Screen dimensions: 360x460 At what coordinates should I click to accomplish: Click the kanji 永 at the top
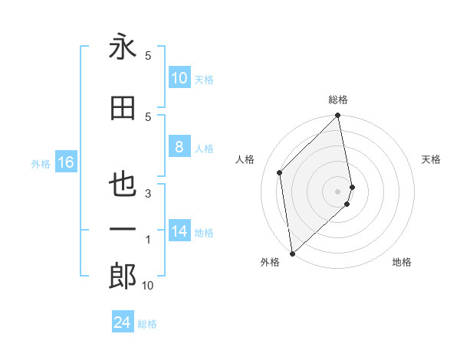pos(123,48)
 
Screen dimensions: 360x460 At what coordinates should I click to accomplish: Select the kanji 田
pos(123,109)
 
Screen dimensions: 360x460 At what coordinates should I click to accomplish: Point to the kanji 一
pos(123,229)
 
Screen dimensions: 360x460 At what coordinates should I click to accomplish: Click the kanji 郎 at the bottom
pos(123,277)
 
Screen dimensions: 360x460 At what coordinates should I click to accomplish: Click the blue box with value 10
pos(179,78)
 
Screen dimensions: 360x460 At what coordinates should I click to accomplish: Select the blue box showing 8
pos(179,147)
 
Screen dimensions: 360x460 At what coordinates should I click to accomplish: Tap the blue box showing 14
pos(179,231)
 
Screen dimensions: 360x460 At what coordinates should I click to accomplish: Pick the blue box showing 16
pos(65,162)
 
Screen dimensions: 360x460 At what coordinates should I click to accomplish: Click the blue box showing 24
pos(123,322)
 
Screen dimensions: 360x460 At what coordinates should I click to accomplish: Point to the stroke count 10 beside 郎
pos(148,286)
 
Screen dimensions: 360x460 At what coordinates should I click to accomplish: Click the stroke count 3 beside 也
pos(148,194)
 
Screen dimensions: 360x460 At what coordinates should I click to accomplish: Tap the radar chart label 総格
pos(338,100)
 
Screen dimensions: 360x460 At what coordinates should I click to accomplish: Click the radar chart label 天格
pos(431,159)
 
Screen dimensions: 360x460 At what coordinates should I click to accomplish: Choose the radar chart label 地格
pos(402,262)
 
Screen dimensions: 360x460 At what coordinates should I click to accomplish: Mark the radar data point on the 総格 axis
pos(338,116)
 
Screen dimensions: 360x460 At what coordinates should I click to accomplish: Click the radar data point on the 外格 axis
pos(292,253)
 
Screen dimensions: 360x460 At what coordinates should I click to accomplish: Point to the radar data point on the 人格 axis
pos(280,172)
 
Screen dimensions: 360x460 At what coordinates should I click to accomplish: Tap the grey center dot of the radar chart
pos(338,191)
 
